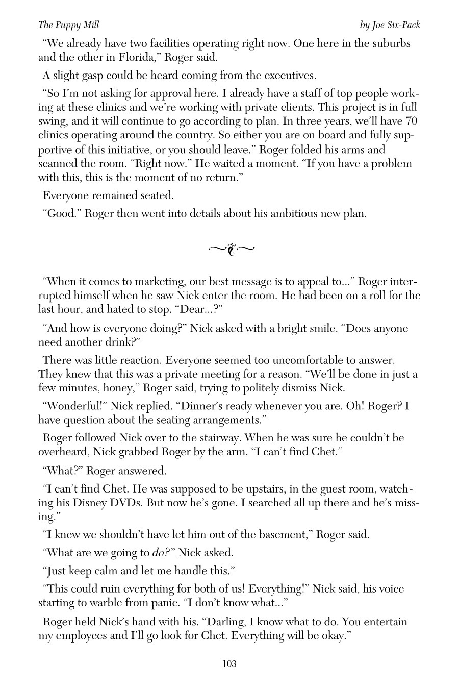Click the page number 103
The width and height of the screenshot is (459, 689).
point(229,664)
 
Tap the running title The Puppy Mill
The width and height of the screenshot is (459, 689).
point(68,24)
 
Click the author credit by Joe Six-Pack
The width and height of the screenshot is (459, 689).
point(390,24)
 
